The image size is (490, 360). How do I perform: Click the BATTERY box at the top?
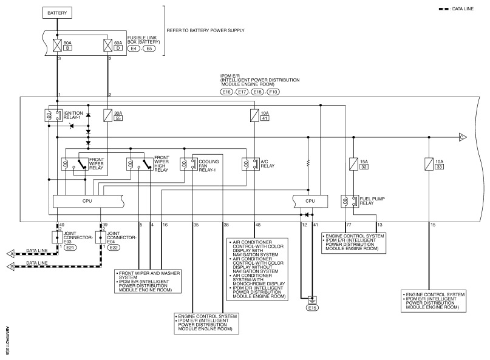[57, 13]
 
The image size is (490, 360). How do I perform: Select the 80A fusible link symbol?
[57, 46]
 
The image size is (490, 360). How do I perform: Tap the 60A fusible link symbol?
[108, 46]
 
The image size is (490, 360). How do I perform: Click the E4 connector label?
[134, 49]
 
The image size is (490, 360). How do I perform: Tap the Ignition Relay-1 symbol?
[53, 115]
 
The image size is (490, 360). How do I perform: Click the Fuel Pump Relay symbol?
[349, 202]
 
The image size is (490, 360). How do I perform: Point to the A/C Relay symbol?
[251, 164]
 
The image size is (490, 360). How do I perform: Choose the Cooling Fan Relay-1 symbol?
[189, 164]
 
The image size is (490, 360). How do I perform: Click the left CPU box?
[88, 202]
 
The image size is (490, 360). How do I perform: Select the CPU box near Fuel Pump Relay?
[310, 202]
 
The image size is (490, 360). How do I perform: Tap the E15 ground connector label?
[312, 308]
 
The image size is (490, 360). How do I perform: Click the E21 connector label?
[70, 248]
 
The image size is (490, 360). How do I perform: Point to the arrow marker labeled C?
[463, 137]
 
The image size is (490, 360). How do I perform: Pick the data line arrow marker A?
[10, 254]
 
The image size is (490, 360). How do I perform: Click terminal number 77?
[349, 225]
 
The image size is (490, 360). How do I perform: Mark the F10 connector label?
[273, 92]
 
